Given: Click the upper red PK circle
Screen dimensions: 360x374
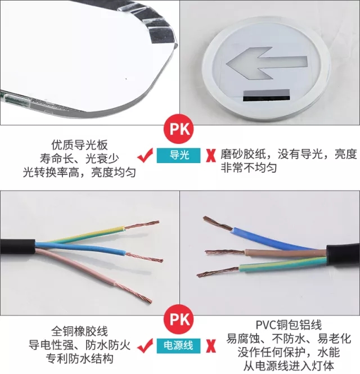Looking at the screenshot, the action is (x=178, y=129).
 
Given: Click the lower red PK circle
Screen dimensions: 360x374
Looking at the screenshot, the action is (x=178, y=319).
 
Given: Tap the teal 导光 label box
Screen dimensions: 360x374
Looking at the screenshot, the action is (x=178, y=156).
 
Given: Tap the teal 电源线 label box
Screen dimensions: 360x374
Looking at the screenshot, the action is (x=178, y=346).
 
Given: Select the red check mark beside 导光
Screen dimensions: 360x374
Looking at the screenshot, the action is (x=145, y=156).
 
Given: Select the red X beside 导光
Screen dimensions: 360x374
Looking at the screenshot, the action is (x=210, y=156).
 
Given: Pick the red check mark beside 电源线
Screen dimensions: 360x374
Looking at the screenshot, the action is (x=145, y=346).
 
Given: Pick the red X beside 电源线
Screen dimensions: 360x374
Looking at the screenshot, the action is (x=210, y=346).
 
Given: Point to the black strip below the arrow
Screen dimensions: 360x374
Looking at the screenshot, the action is (x=266, y=96).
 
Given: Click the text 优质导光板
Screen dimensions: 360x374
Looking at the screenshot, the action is (x=79, y=145).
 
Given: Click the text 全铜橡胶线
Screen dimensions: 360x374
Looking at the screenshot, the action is (x=79, y=331).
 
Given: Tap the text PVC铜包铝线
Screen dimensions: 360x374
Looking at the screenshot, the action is (x=289, y=325).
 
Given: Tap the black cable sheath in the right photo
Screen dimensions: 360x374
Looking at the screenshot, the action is (x=343, y=256).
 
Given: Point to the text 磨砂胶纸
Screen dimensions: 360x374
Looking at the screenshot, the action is (x=243, y=154).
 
